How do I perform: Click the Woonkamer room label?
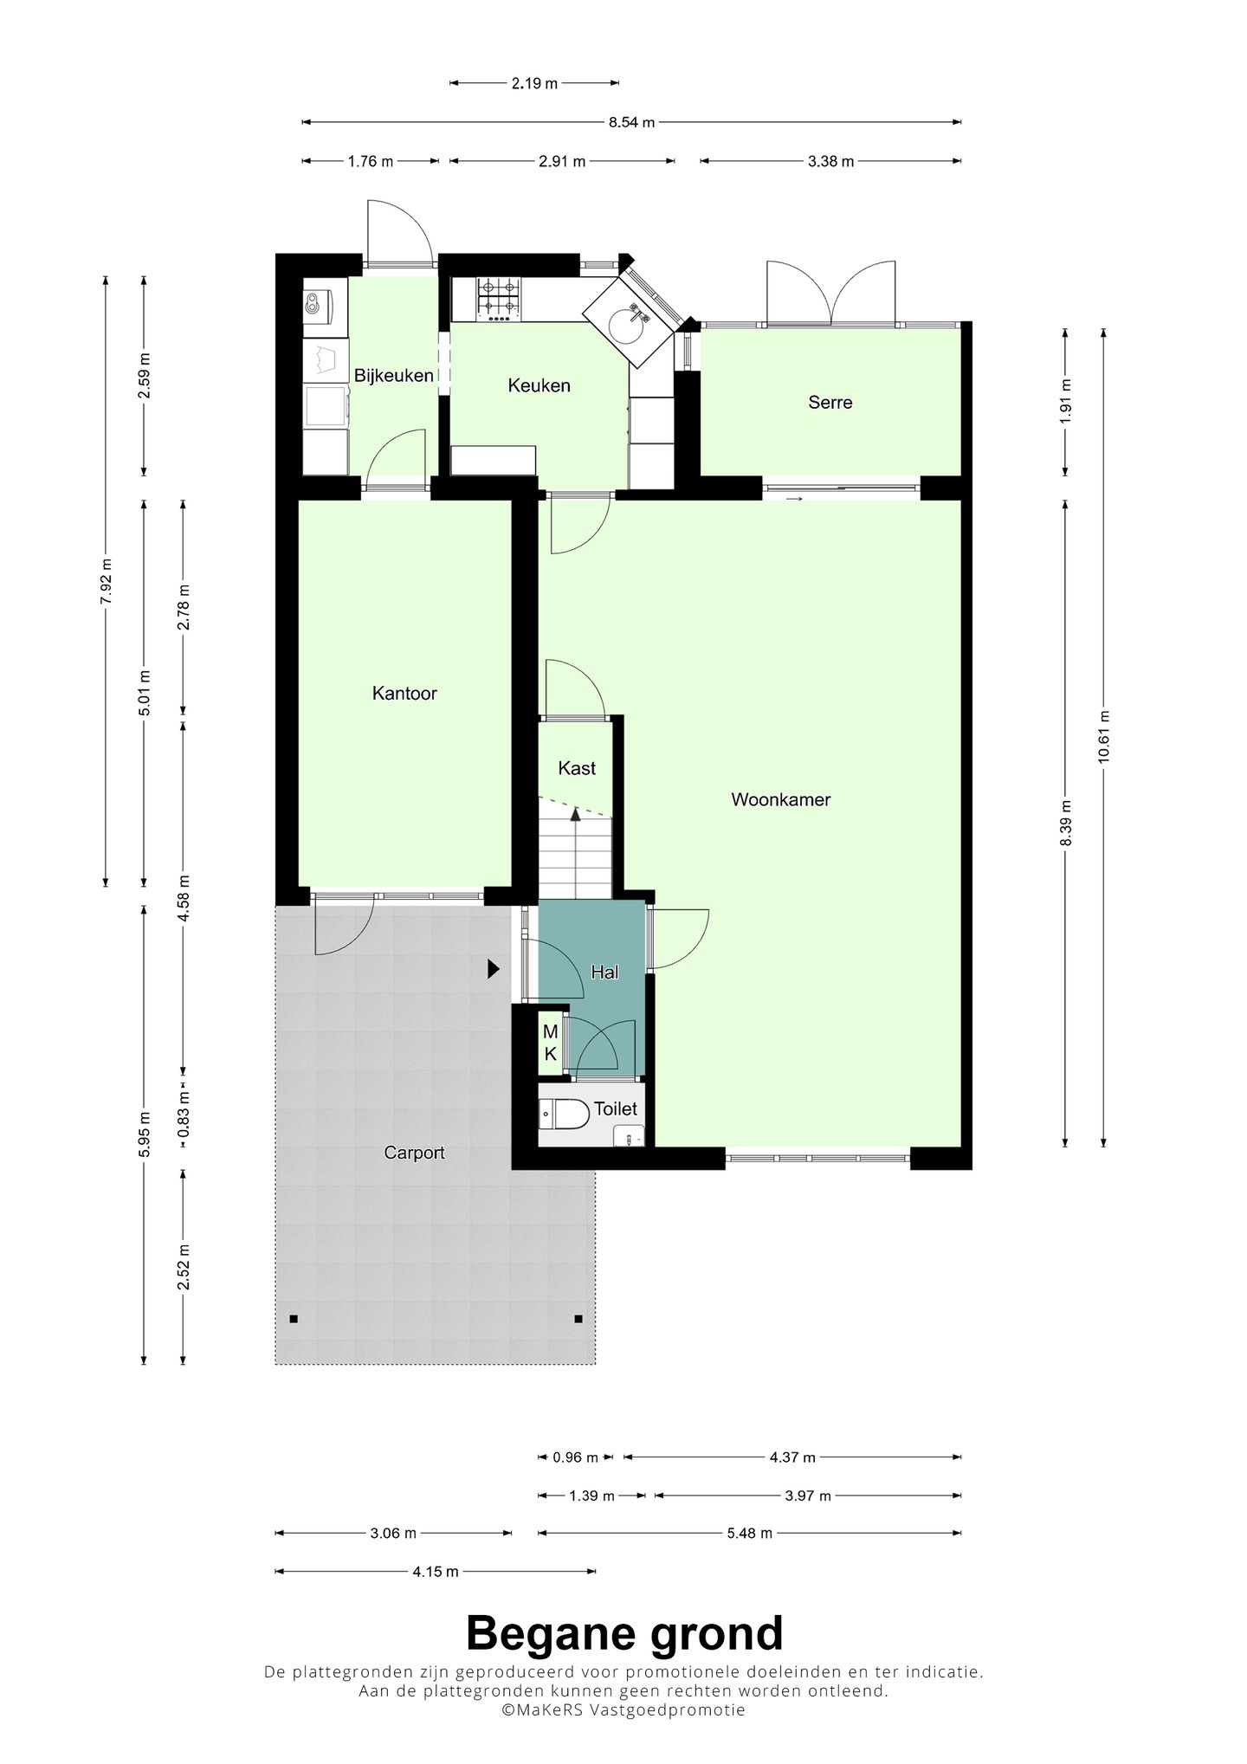pyautogui.click(x=780, y=799)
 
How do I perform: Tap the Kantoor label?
pyautogui.click(x=404, y=693)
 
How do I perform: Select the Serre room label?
pyautogui.click(x=830, y=402)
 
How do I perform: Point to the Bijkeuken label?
pyautogui.click(x=393, y=376)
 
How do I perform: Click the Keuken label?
pyautogui.click(x=539, y=385)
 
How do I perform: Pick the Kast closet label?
pyautogui.click(x=577, y=768)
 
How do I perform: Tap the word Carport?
pyautogui.click(x=414, y=1153)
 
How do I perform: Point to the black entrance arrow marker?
pyautogui.click(x=494, y=969)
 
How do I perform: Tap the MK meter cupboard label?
pyautogui.click(x=550, y=1044)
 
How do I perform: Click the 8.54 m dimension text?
pyautogui.click(x=631, y=122)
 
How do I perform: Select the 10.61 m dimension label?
pyautogui.click(x=1103, y=736)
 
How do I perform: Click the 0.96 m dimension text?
pyautogui.click(x=576, y=1457)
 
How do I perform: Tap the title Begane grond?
pyautogui.click(x=624, y=1634)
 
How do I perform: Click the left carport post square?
pyautogui.click(x=294, y=1319)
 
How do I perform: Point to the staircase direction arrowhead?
pyautogui.click(x=574, y=814)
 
